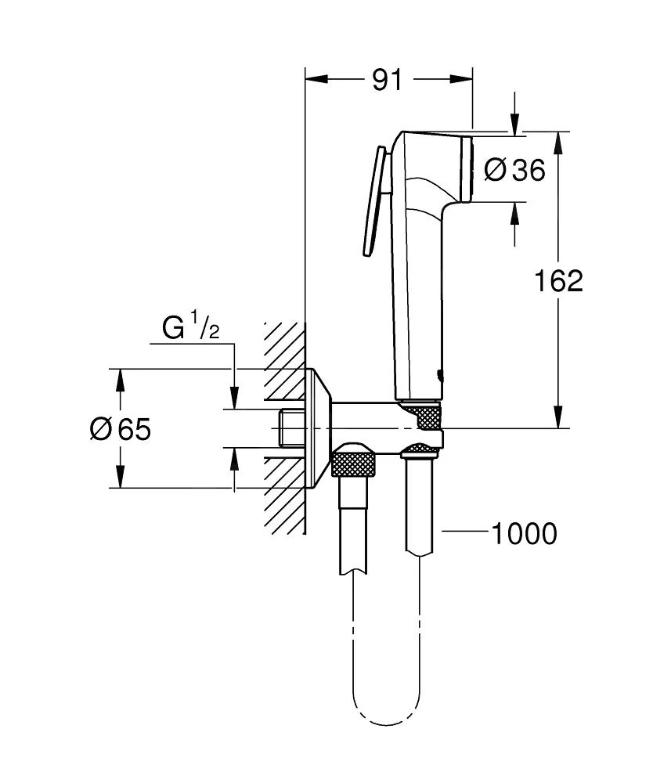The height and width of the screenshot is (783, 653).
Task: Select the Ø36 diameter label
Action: click(514, 170)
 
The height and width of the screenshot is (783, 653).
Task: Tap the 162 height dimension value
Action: click(558, 281)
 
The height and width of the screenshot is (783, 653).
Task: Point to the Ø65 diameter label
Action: click(120, 429)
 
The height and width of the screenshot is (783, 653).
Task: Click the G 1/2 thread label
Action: click(190, 329)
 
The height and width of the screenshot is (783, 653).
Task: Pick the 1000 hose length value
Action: click(524, 534)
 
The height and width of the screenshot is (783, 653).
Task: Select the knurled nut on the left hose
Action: click(355, 463)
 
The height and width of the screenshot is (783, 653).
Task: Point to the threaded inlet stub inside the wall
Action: click(290, 428)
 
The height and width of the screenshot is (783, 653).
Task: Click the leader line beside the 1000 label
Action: click(464, 533)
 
